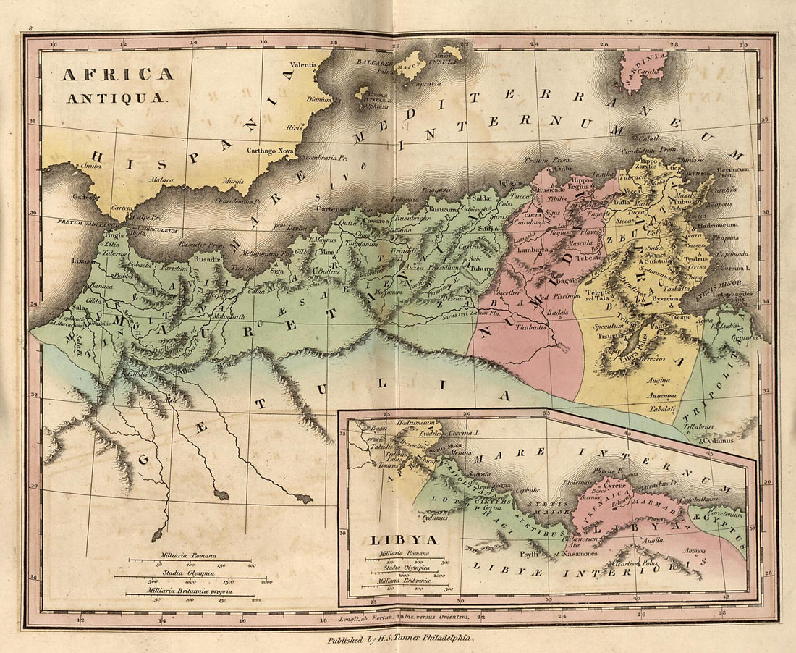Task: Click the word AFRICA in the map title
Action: pyautogui.click(x=117, y=74)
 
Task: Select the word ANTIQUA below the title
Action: pyautogui.click(x=117, y=97)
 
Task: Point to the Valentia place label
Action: pyautogui.click(x=304, y=64)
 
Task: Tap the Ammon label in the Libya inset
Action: pyautogui.click(x=695, y=550)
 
